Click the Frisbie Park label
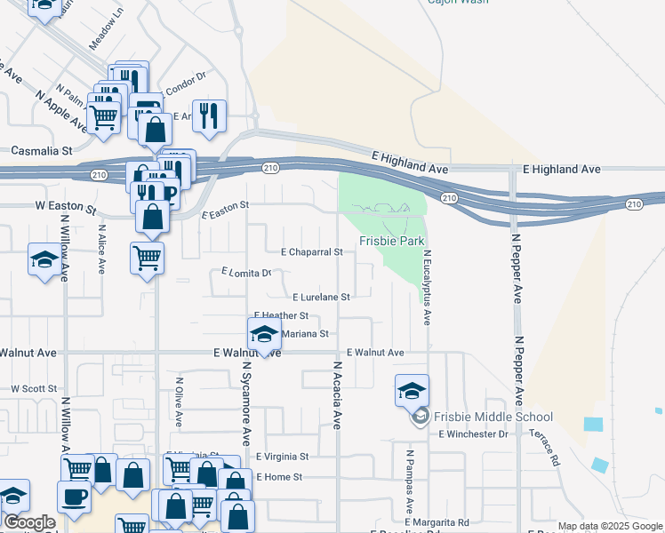click(x=391, y=241)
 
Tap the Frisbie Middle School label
click(x=493, y=417)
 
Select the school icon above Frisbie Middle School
click(x=412, y=390)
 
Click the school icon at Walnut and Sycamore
click(x=263, y=334)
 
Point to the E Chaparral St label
click(x=311, y=252)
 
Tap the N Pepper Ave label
click(x=516, y=267)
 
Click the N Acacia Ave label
click(x=338, y=395)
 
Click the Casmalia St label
click(x=40, y=151)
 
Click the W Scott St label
click(x=34, y=389)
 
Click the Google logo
click(x=28, y=522)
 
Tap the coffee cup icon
click(x=74, y=495)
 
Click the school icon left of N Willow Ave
click(x=44, y=260)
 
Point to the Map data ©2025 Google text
click(x=610, y=527)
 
